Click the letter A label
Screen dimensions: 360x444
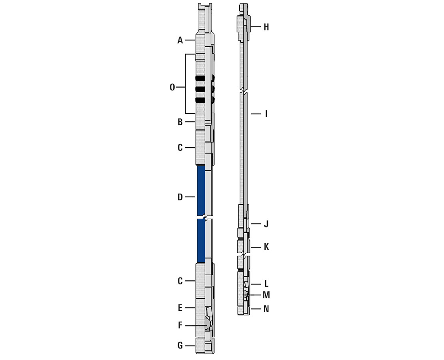tap(180, 40)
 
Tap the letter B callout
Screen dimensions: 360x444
tap(180, 122)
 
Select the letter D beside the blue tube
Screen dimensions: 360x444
tap(180, 197)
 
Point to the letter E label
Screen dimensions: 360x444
tap(180, 308)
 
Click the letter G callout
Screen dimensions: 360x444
tap(180, 346)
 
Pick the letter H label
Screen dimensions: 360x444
tap(266, 27)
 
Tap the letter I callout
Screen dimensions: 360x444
tap(266, 114)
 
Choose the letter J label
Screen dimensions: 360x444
tap(266, 224)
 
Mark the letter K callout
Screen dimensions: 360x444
tap(266, 247)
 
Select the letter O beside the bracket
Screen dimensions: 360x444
tap(172, 87)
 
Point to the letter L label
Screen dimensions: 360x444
tap(266, 284)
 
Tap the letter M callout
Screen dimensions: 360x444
tap(266, 295)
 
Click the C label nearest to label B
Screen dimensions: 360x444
tap(180, 148)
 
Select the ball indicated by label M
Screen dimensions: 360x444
tap(245, 295)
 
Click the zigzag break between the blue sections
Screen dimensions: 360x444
tap(205, 217)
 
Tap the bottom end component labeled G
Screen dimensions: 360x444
tap(205, 346)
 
